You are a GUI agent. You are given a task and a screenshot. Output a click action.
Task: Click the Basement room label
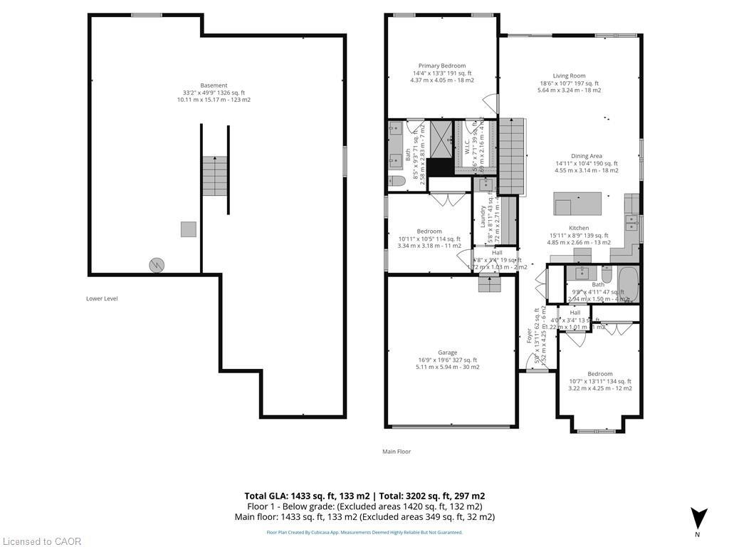pos(214,85)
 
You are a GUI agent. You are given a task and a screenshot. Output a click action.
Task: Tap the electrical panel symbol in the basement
pos(156,266)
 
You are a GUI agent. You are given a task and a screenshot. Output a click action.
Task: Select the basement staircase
pos(214,176)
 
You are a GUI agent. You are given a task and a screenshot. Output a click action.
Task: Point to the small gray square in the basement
pos(188,229)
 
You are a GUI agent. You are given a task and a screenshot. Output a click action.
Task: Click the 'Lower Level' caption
pos(102,298)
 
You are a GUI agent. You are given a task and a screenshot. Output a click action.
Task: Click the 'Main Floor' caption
pos(397,451)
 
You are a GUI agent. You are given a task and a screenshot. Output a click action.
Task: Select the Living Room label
pos(569,75)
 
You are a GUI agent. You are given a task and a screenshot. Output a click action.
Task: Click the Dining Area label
pos(587,156)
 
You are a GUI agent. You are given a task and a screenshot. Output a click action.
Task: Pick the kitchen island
pos(577,204)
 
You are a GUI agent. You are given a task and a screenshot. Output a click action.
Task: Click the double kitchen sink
pos(631,224)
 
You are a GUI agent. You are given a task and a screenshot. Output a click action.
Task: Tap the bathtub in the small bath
pos(628,284)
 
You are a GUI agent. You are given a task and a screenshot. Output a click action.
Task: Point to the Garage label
pos(447,353)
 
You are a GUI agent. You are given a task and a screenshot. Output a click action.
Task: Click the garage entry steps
pos(489,284)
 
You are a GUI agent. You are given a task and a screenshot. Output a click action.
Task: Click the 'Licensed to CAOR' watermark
pos(41,541)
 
